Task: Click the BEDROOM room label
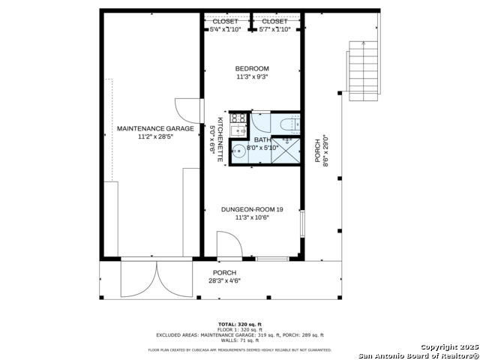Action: click(252, 69)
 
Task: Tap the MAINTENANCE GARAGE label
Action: click(155, 128)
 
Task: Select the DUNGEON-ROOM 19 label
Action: click(252, 209)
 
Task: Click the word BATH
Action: click(262, 139)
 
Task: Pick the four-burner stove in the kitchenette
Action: click(239, 118)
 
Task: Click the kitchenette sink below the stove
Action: click(238, 131)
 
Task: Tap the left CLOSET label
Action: click(225, 22)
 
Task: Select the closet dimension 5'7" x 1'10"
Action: click(276, 30)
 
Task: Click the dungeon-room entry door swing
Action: click(227, 245)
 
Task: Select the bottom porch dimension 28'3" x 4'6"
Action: click(224, 281)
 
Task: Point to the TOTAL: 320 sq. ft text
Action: click(240, 323)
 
